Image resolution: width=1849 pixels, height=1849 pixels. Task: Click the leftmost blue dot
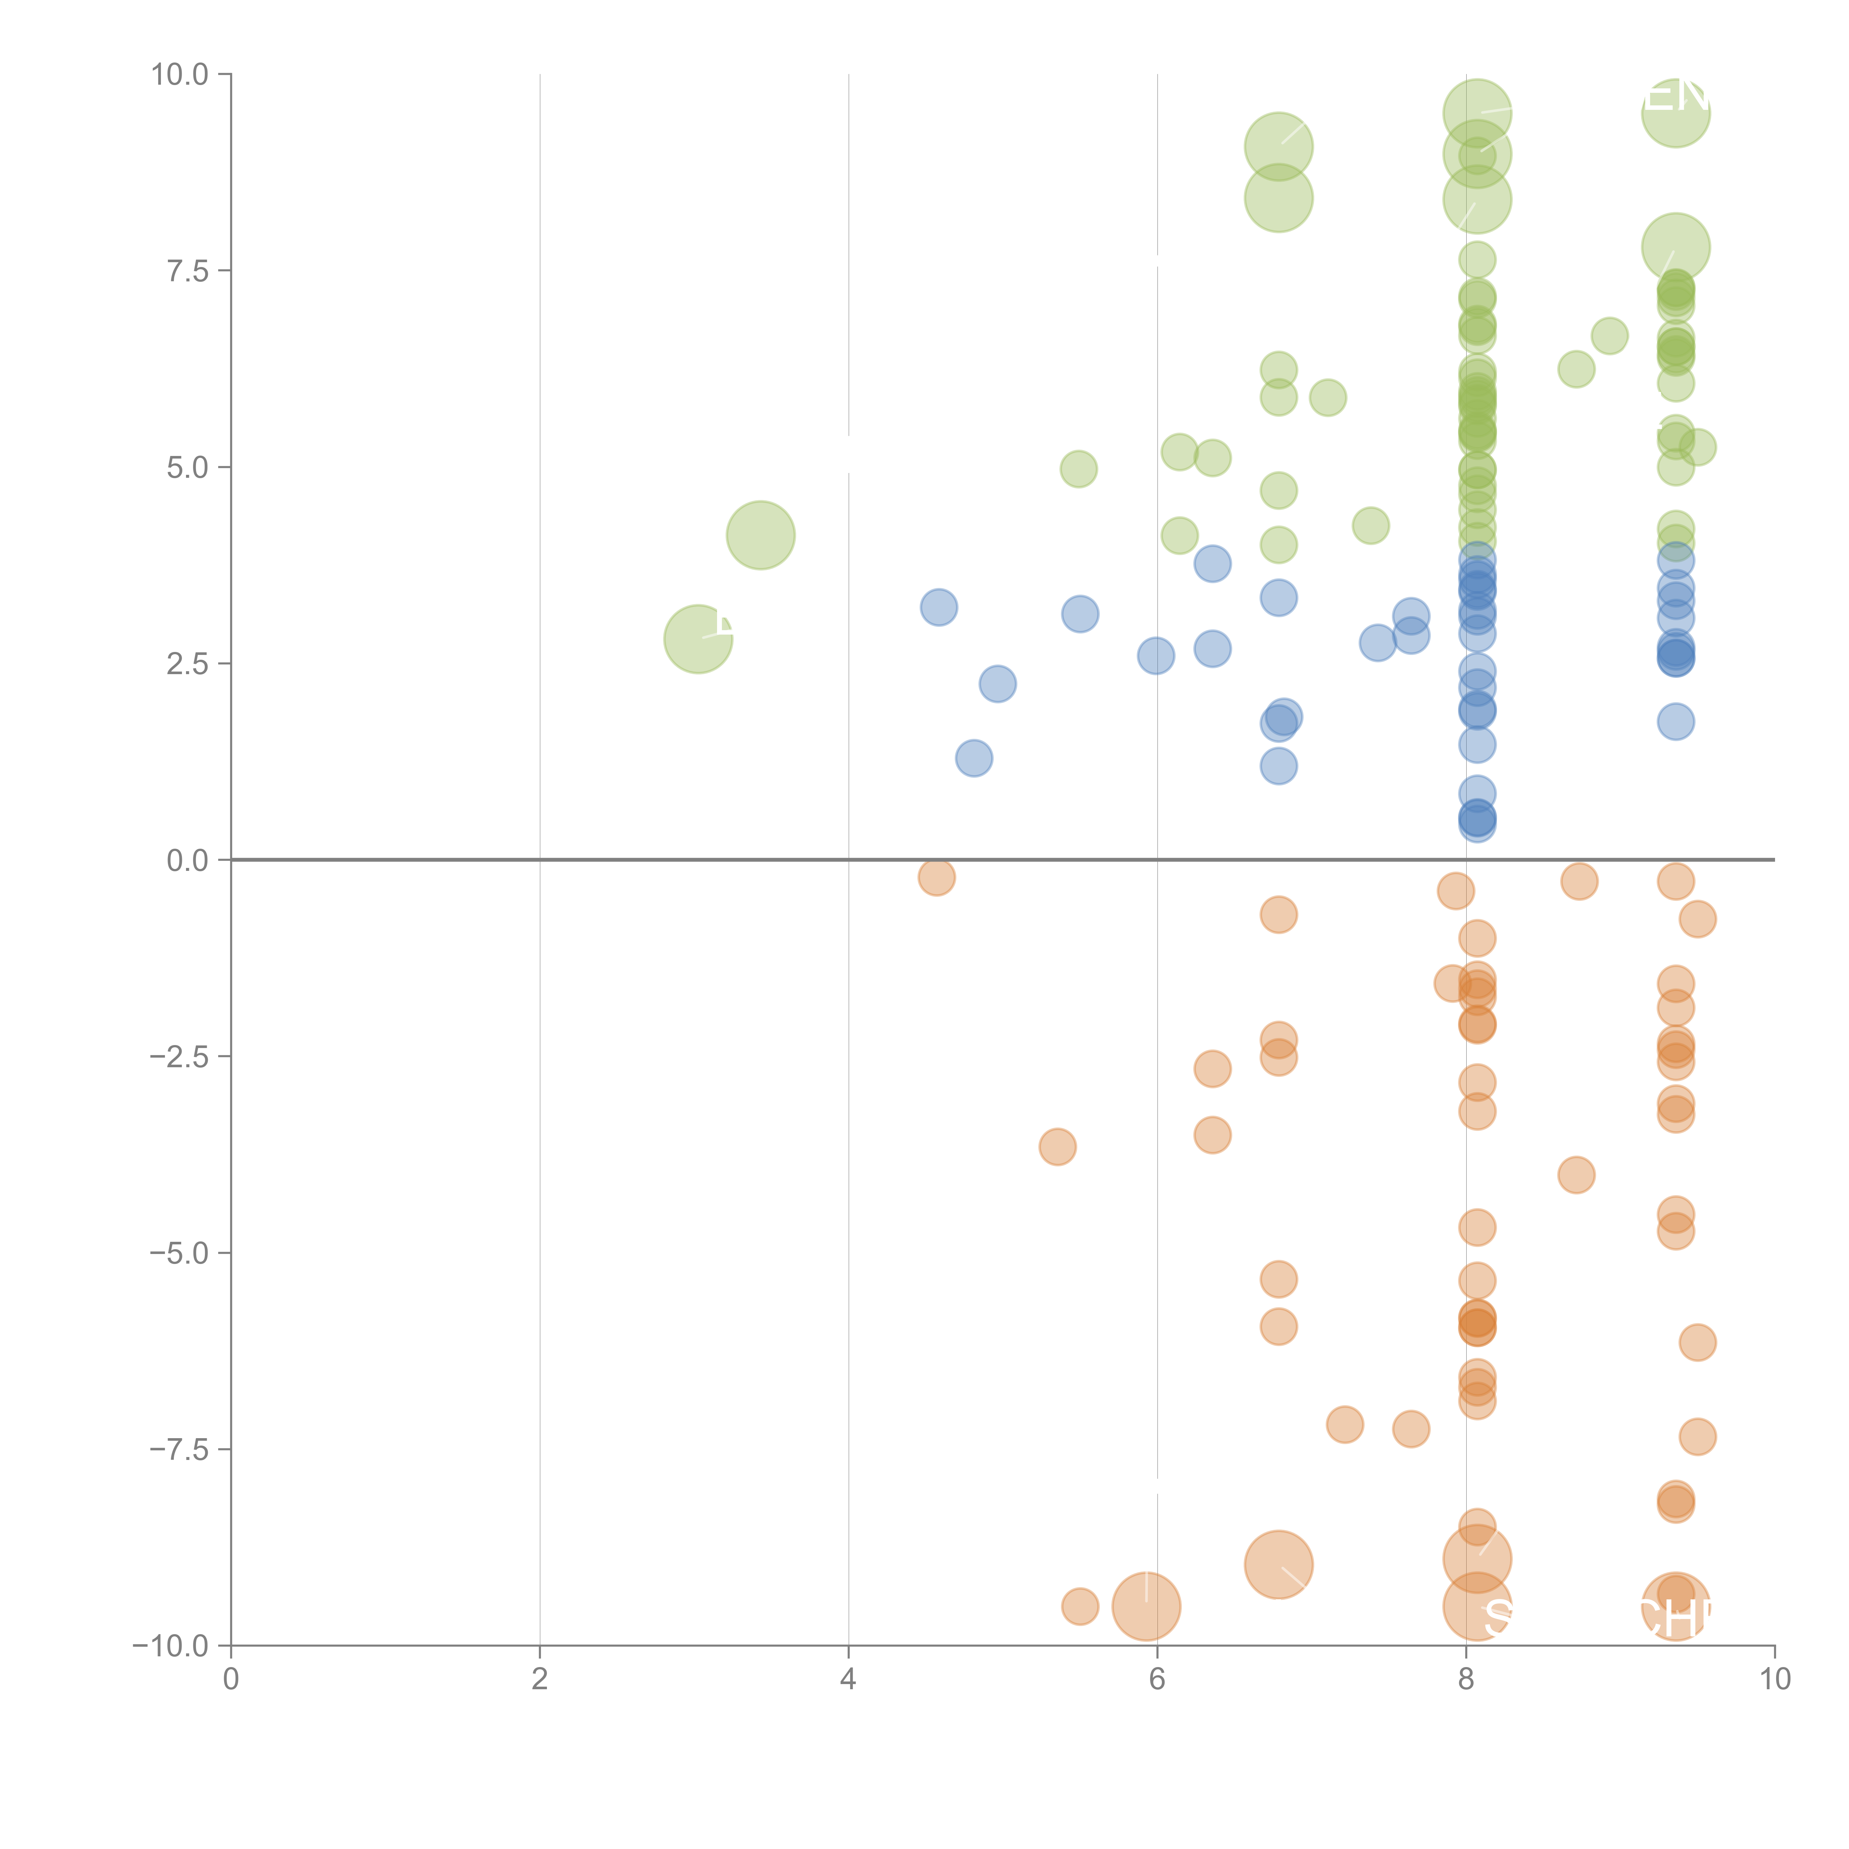click(x=939, y=607)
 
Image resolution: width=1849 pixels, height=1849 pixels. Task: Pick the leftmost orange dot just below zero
click(x=936, y=877)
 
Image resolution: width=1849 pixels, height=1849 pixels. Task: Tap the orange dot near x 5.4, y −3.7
click(x=1058, y=1146)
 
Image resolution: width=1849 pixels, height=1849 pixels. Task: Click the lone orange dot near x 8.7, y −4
click(x=1576, y=1174)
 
